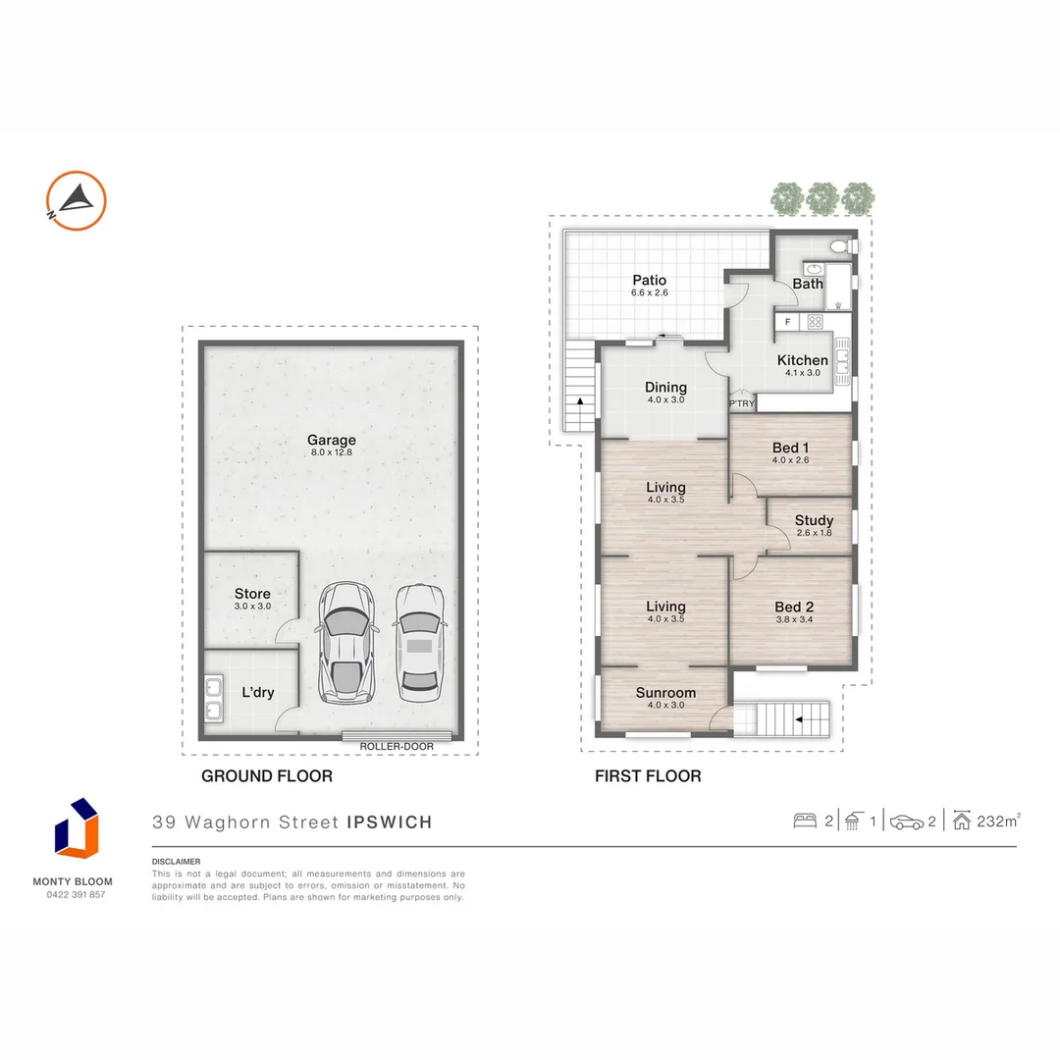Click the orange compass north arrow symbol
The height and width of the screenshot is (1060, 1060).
pos(77,201)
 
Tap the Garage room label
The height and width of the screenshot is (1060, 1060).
pos(331,441)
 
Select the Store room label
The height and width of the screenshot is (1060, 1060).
pos(252,594)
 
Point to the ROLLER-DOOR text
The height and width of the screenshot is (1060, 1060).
pos(397,746)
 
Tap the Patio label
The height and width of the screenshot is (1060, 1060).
pos(650,281)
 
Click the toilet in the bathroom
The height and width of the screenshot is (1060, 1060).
pos(839,246)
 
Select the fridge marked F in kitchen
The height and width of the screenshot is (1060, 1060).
pos(787,321)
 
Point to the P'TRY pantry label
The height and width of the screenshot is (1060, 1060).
pos(742,403)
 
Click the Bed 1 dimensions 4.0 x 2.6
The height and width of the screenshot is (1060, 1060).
pos(790,460)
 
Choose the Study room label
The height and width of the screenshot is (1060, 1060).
pos(814,520)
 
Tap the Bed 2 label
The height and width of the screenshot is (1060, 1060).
pos(794,607)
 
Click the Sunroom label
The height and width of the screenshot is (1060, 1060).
pos(665,692)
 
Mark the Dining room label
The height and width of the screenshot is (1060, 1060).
pos(664,387)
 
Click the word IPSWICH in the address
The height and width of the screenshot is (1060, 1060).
pos(390,822)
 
